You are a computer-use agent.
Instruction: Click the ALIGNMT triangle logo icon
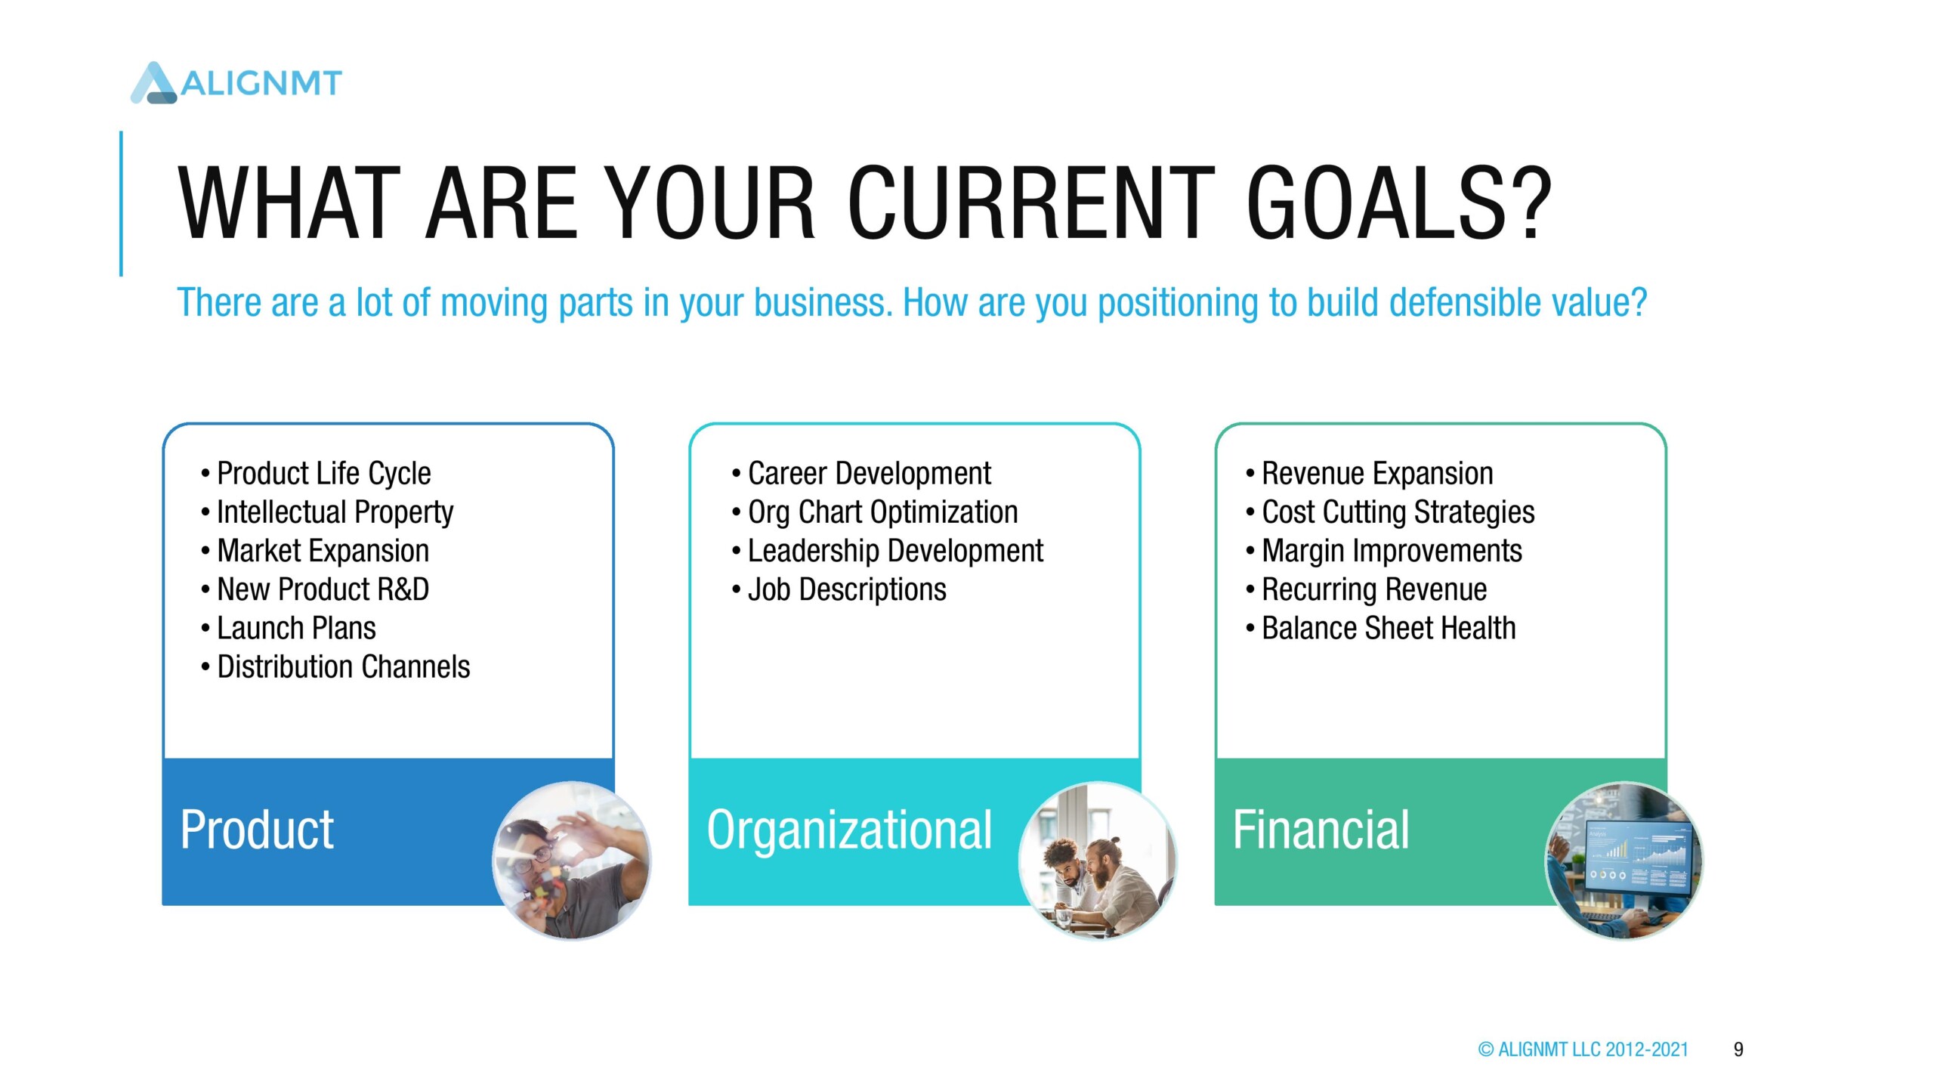pyautogui.click(x=154, y=82)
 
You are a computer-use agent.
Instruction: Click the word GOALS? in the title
pyautogui.click(x=1398, y=204)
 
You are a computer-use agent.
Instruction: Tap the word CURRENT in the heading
pyautogui.click(x=1032, y=204)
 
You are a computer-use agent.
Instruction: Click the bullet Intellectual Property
pyautogui.click(x=327, y=512)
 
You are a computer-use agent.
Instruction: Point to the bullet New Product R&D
pyautogui.click(x=315, y=589)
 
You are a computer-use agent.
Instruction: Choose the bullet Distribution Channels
pyautogui.click(x=335, y=667)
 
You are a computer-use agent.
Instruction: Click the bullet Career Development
pyautogui.click(x=861, y=474)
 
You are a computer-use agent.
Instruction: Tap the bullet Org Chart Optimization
pyautogui.click(x=875, y=512)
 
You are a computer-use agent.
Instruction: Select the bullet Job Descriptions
pyautogui.click(x=839, y=589)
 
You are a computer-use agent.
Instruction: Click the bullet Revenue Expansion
pyautogui.click(x=1370, y=474)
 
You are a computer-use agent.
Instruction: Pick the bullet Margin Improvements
pyautogui.click(x=1384, y=551)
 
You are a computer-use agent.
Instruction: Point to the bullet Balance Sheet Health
pyautogui.click(x=1381, y=629)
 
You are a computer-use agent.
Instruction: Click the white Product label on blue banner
pyautogui.click(x=257, y=830)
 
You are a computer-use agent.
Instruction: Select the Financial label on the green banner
pyautogui.click(x=1321, y=830)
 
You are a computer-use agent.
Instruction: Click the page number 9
pyautogui.click(x=1738, y=1049)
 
